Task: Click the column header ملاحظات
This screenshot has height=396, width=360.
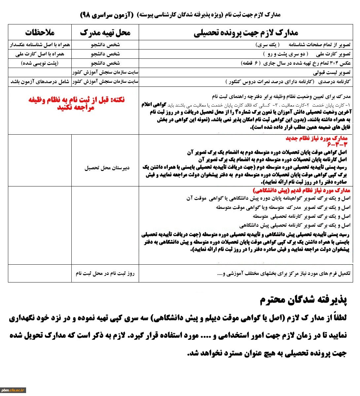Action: coord(40,32)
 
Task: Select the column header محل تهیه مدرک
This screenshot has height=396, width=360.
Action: coord(105,32)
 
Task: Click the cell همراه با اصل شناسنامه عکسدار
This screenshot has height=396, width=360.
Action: coord(40,45)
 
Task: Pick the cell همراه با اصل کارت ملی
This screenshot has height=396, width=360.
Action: coord(40,54)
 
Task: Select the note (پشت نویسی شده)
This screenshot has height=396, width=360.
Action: coord(40,63)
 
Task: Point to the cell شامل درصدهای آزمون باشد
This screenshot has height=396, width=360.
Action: coord(40,82)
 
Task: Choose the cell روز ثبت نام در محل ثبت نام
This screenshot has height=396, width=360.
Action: coord(105,273)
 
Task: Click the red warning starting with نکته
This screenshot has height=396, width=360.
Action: coord(76,103)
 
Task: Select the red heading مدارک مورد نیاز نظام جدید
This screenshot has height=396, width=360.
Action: coord(317,139)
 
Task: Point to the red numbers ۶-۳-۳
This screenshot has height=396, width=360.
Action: coord(338,145)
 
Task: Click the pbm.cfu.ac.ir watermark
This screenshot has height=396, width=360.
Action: coord(13,390)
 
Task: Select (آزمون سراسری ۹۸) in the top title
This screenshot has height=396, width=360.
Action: coord(106,15)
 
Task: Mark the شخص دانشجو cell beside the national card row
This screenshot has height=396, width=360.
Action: coord(105,54)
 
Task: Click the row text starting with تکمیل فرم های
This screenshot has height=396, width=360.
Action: coord(284,274)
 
